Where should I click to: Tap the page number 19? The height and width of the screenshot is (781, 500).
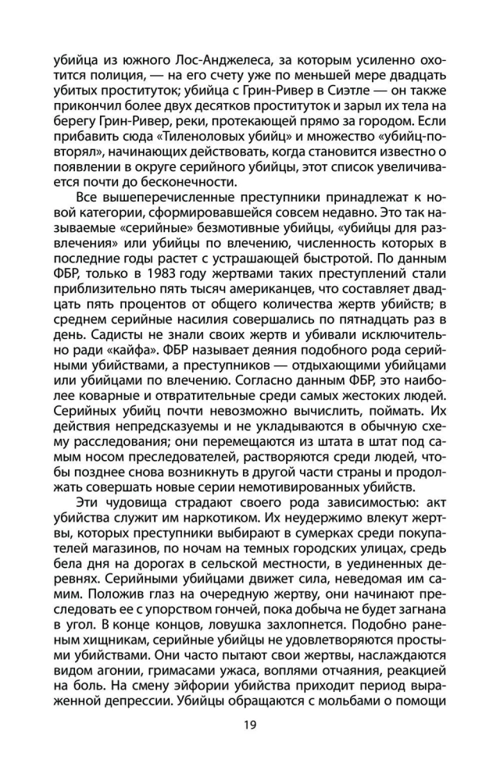tap(250, 725)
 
